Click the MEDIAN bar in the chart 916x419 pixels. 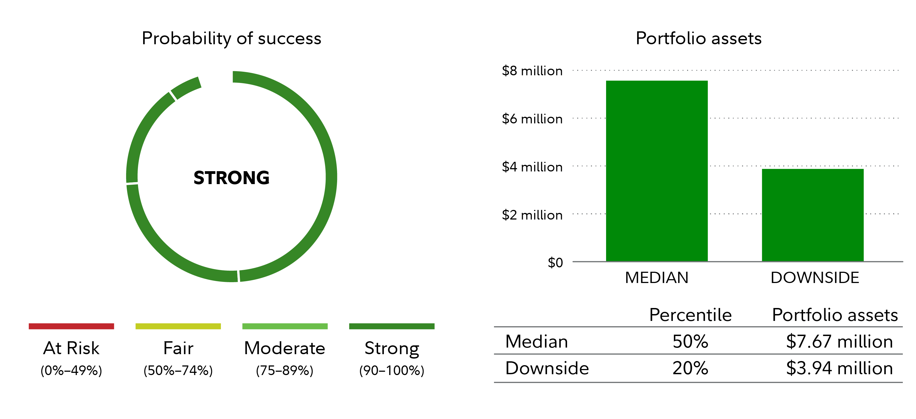pos(656,171)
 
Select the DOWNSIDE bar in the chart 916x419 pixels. pos(812,215)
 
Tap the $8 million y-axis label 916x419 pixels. pos(532,71)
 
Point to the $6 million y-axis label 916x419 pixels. pos(532,119)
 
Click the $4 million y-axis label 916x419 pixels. pos(532,167)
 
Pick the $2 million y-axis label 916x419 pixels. pos(532,215)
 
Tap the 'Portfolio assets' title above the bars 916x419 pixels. pos(698,38)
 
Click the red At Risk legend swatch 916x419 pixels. pos(71,326)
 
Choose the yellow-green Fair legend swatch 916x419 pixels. pos(178,326)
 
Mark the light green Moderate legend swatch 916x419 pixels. pos(285,326)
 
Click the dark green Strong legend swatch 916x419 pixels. pos(392,326)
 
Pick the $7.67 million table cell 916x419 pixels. pos(839,342)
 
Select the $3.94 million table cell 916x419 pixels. pos(839,368)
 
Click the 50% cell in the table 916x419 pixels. pos(690,342)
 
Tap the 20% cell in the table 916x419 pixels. pos(690,368)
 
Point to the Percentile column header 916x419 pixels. pos(690,315)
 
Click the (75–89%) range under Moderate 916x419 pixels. pos(284,371)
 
